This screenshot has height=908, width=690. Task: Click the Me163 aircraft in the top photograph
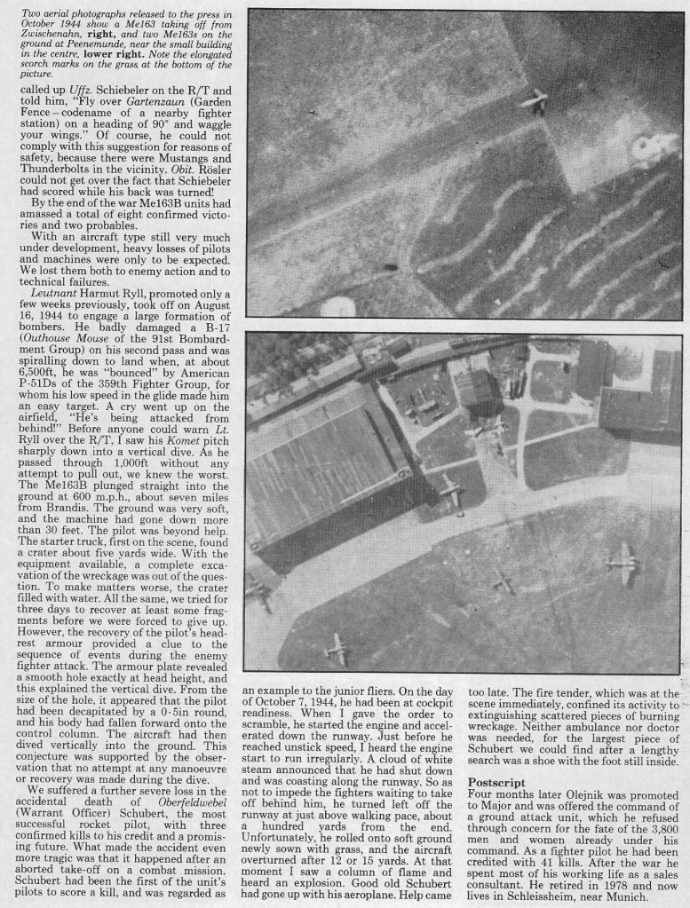click(x=536, y=102)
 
